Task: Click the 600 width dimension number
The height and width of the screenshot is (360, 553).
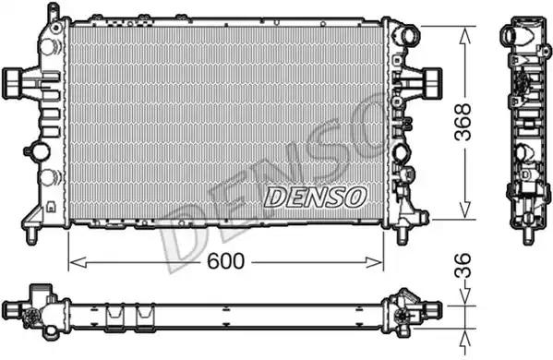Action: [225, 261]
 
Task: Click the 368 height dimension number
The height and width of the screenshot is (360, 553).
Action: [463, 122]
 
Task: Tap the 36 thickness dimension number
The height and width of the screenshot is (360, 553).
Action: [463, 265]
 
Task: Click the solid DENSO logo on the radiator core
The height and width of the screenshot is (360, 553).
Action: [316, 197]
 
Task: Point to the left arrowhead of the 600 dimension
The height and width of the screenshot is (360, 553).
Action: [78, 262]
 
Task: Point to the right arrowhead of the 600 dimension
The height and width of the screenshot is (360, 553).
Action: [374, 262]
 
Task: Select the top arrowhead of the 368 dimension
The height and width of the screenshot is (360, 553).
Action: [465, 36]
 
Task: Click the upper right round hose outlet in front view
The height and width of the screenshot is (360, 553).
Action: [409, 35]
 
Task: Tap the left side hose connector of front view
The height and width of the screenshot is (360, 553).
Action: [14, 83]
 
